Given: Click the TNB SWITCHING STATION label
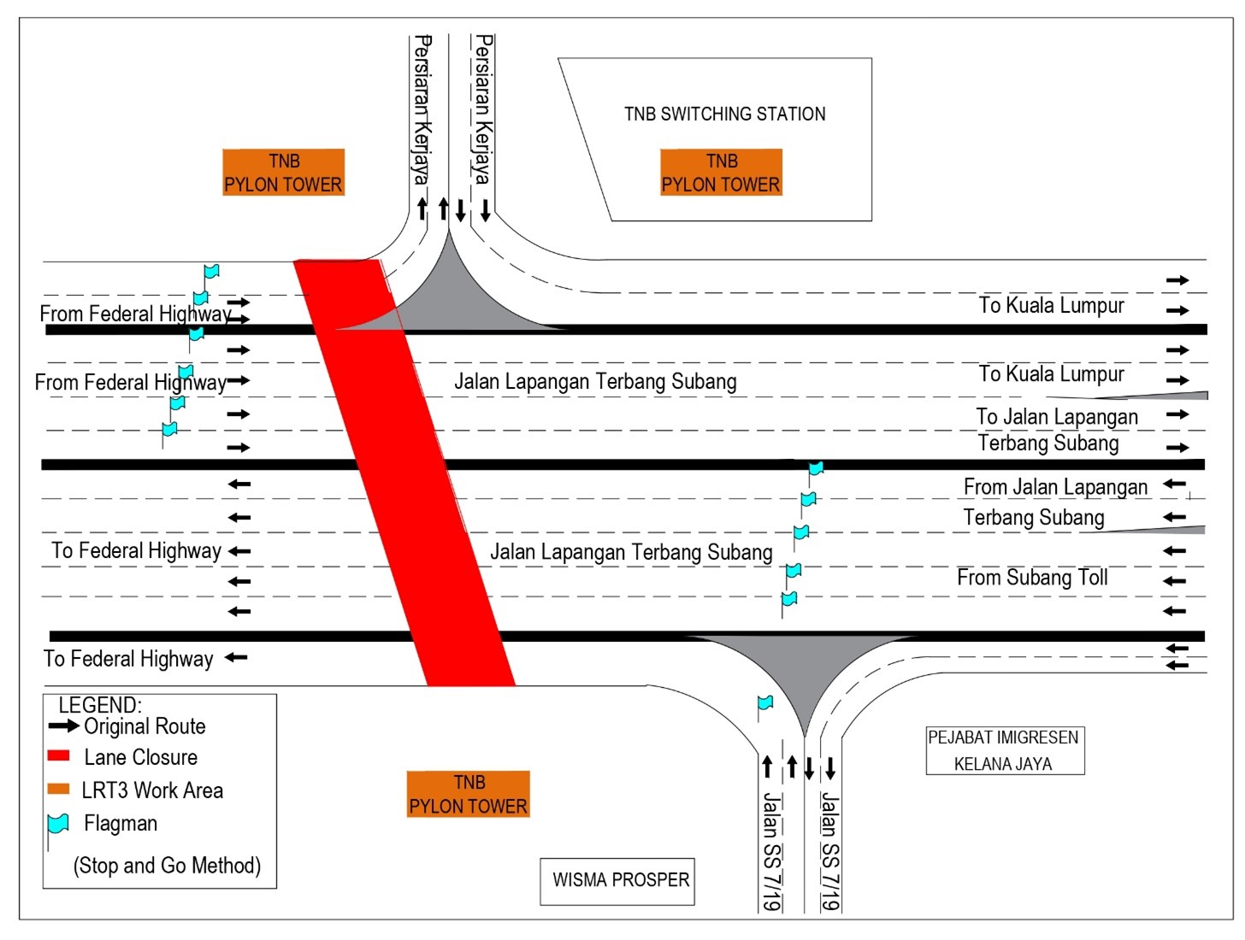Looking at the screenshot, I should click(x=724, y=114).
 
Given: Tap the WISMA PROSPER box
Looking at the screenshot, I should click(x=617, y=881).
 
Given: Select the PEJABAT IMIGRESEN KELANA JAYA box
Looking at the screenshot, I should click(x=1005, y=750).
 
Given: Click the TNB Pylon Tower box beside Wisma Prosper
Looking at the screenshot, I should click(x=468, y=794).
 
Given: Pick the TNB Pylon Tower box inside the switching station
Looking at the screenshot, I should click(x=721, y=173).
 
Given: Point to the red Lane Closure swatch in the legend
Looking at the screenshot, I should click(x=58, y=756).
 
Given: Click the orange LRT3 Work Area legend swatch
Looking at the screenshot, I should click(x=58, y=789).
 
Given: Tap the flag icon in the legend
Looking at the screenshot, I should click(x=58, y=824).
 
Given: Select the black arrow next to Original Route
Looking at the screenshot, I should click(x=64, y=726).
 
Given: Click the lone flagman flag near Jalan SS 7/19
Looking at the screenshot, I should click(x=765, y=703).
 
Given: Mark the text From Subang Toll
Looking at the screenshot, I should click(x=1032, y=578).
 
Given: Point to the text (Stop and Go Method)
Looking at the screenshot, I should click(x=167, y=866).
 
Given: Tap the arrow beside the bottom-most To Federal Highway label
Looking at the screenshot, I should click(x=236, y=658).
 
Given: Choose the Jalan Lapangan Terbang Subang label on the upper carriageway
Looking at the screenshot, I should click(x=595, y=381).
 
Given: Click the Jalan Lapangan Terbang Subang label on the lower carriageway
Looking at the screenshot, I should click(x=631, y=552).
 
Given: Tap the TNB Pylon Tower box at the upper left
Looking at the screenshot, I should click(x=283, y=173).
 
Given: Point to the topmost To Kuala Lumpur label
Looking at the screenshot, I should click(x=1051, y=305).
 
